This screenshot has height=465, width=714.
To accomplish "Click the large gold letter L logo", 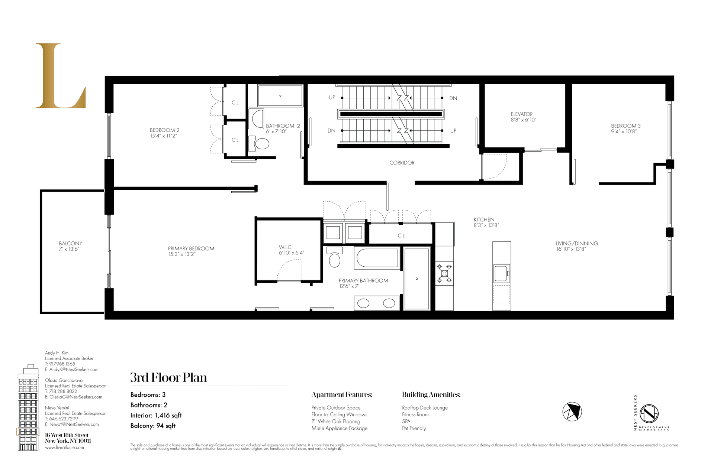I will pos(59,76).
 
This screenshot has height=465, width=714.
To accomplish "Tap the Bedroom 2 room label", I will pos(164,130).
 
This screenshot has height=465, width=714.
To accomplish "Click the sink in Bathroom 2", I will pos(257,119).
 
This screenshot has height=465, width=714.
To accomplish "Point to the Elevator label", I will pos(521,114).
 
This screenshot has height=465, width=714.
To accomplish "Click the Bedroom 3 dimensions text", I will pos(624,131).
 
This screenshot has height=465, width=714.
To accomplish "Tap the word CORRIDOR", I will pos(402,163).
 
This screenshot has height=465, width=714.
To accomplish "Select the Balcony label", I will pos(70,243).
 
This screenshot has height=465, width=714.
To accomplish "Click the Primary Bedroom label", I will pos(191,248).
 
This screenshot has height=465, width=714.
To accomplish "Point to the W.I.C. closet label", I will pos(286,247).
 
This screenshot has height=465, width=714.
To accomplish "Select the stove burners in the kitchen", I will pos(444,273).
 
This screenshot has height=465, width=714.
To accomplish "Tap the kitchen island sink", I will pos(501,273).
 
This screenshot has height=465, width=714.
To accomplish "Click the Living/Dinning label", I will pos(576,243).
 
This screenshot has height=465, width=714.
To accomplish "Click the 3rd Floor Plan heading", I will pos(168,378).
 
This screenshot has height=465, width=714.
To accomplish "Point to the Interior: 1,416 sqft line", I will pos(156,415).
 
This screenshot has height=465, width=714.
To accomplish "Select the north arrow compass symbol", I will pos(572,412).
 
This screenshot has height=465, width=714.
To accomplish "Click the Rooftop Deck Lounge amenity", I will pos(425,408).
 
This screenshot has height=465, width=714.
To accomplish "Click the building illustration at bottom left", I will pos(28,409).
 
